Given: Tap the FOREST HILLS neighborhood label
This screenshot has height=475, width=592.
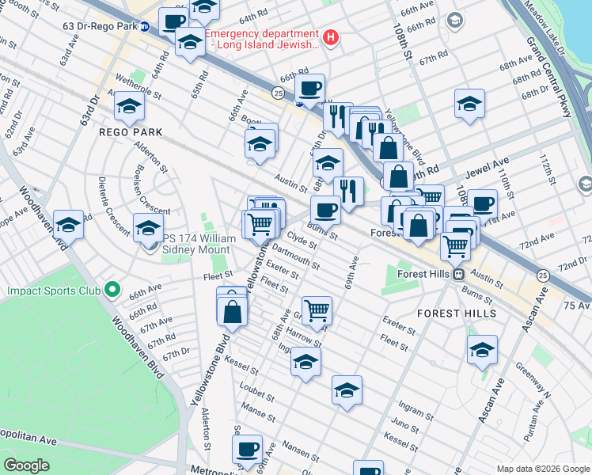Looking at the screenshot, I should (x=455, y=313).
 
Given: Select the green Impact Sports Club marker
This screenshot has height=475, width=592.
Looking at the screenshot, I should (x=112, y=291).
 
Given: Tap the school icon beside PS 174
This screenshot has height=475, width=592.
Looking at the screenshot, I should (x=147, y=228).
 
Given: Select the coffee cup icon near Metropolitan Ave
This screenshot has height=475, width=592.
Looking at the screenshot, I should (x=247, y=449).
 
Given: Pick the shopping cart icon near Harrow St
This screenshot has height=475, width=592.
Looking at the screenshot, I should (x=317, y=310).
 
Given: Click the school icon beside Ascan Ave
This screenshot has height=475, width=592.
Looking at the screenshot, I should (x=482, y=349).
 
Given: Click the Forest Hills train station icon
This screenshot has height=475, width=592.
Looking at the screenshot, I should (x=457, y=274).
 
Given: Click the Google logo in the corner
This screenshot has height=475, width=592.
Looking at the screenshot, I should (x=26, y=465).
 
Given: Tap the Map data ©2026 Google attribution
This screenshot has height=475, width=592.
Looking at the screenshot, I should (x=542, y=469).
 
